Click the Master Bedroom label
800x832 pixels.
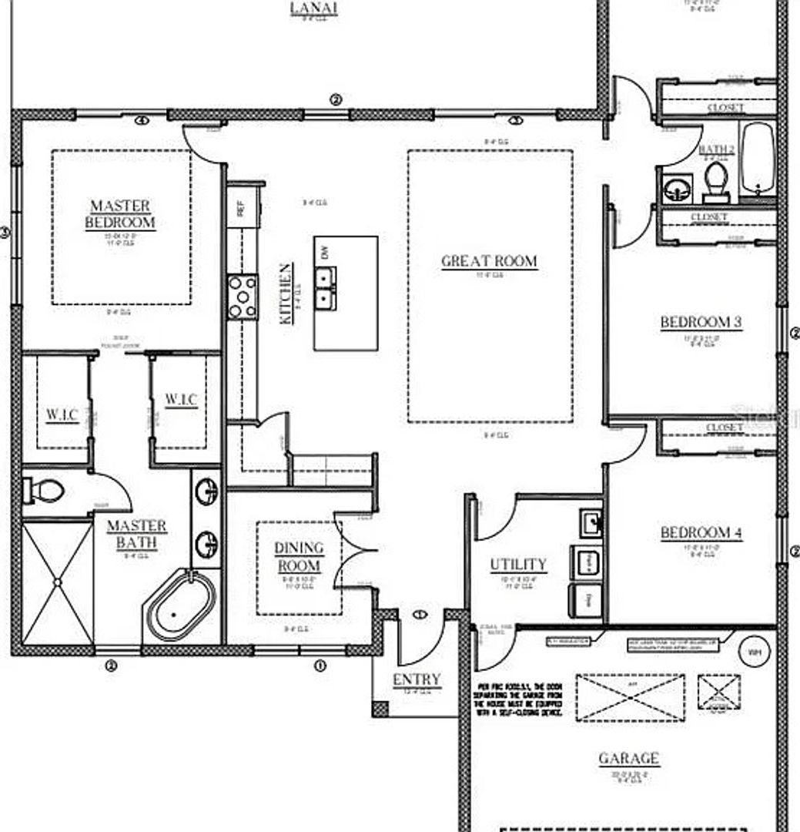[x=122, y=214]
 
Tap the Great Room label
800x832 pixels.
[x=489, y=260]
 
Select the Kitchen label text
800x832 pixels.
[x=285, y=293]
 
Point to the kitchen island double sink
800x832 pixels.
[x=325, y=287]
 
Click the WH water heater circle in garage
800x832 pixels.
[x=754, y=652]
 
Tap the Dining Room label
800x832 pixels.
[x=300, y=556]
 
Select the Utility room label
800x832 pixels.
[x=518, y=565]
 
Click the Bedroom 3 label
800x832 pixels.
[x=701, y=322]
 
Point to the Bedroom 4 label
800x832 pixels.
[x=701, y=532]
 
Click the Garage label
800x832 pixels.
[x=628, y=758]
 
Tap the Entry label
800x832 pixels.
[x=417, y=679]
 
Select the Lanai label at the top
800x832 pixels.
[x=313, y=8]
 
